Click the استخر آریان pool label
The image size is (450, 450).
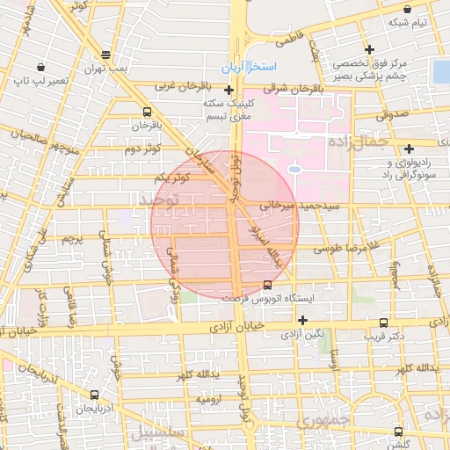[250, 68]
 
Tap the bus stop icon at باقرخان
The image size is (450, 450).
[146, 112]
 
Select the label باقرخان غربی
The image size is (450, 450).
[185, 87]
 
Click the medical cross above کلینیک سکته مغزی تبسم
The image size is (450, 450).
[229, 90]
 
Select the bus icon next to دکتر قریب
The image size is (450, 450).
[384, 323]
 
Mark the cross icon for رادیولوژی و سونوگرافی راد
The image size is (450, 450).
[410, 148]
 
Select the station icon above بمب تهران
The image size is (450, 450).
[106, 53]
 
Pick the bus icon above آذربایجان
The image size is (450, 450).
[94, 395]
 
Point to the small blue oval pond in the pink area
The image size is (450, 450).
[294, 168]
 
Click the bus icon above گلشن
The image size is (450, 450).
[400, 432]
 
